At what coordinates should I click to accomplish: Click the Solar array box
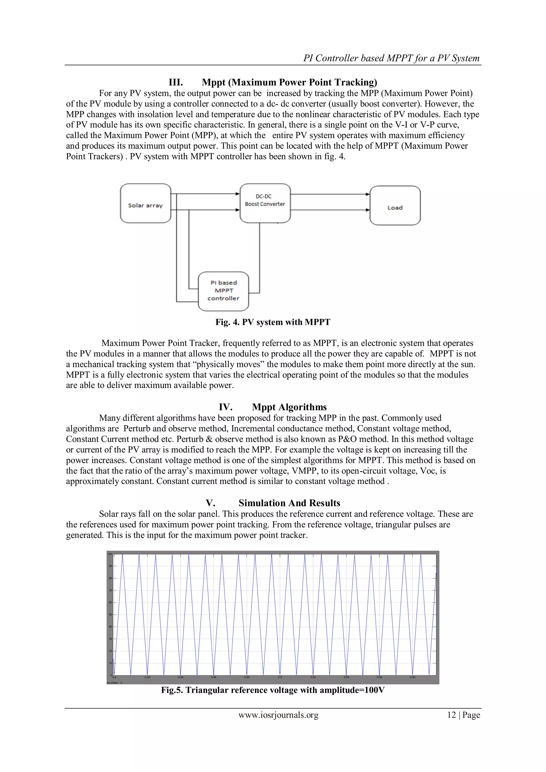point(146,203)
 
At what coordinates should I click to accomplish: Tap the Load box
point(395,206)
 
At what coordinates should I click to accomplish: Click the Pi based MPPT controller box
point(224,291)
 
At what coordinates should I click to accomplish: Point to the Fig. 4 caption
point(273,322)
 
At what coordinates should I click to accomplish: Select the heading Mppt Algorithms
point(289,407)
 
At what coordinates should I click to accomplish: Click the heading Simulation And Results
point(289,503)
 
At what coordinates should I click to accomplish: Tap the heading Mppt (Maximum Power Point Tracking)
point(289,82)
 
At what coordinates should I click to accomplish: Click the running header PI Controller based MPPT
point(391,58)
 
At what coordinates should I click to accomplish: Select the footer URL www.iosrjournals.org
point(278,715)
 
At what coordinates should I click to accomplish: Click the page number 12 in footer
point(451,715)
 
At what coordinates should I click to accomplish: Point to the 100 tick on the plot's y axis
point(110,554)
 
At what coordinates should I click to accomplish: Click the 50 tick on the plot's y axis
point(110,615)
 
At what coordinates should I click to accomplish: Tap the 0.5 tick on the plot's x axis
point(280,677)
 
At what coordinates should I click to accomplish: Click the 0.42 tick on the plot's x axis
point(147,677)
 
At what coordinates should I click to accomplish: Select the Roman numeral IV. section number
point(225,407)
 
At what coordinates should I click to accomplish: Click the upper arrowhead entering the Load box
point(368,194)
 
